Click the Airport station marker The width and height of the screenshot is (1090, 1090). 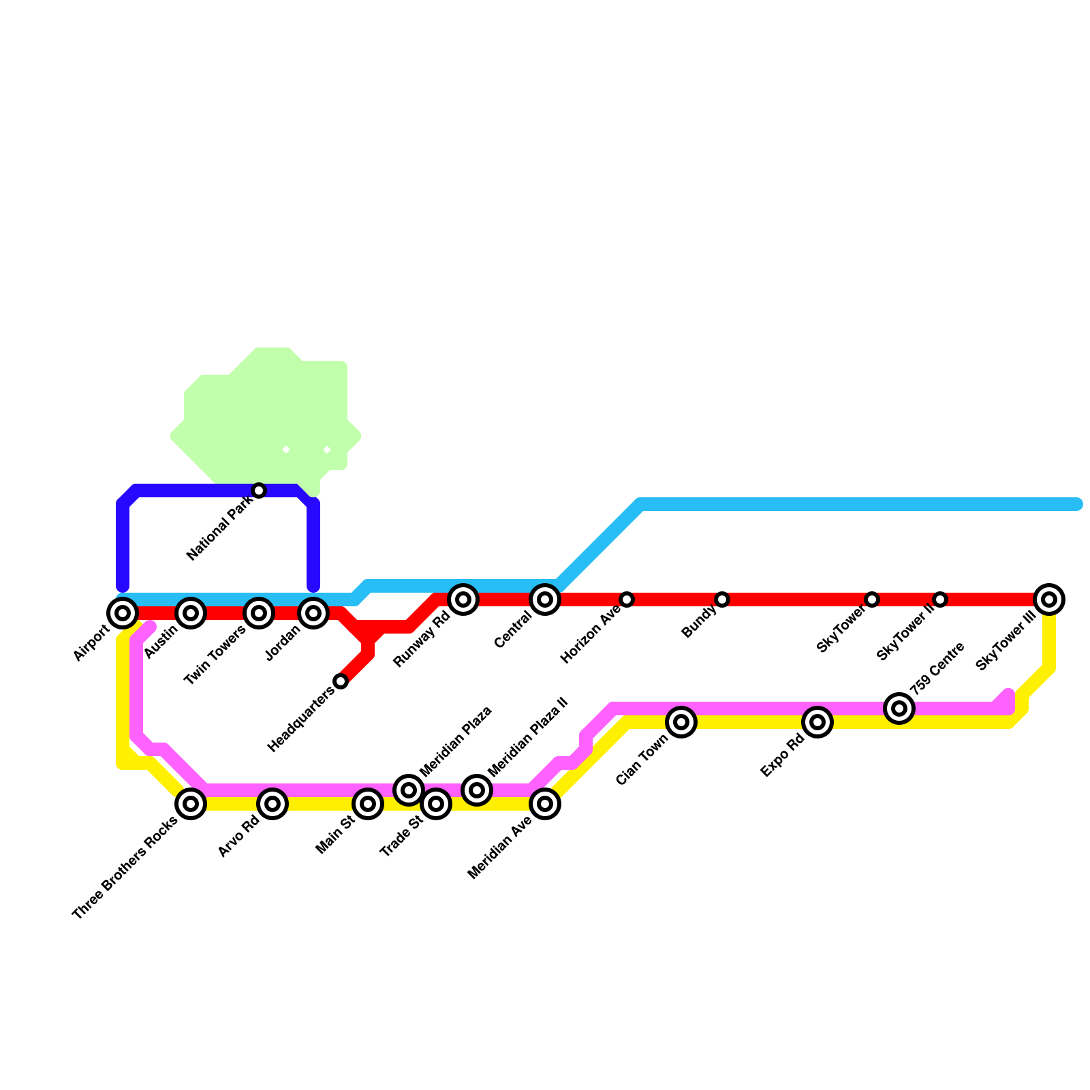[x=123, y=613]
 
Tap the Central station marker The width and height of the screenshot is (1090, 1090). [x=545, y=599]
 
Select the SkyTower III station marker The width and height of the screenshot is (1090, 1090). [x=1049, y=599]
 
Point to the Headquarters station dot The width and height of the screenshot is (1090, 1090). [x=341, y=681]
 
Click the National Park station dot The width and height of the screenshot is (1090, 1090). [x=259, y=490]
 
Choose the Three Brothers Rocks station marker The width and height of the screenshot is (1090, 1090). [x=191, y=804]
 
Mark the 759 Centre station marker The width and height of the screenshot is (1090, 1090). [x=899, y=708]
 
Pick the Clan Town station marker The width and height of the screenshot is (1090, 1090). [x=681, y=722]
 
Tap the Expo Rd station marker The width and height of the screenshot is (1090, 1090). [x=817, y=722]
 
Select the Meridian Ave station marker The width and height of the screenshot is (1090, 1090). [x=545, y=804]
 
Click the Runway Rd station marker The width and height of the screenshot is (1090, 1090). [x=463, y=599]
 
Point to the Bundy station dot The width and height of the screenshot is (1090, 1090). [x=722, y=599]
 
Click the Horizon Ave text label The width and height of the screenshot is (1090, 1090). [x=589, y=636]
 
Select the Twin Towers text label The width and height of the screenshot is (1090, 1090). [x=215, y=654]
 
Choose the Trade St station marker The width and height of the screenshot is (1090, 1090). [x=436, y=804]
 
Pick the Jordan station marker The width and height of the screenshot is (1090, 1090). [x=313, y=613]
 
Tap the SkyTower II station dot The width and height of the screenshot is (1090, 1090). [x=940, y=599]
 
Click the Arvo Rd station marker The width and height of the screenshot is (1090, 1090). [x=272, y=804]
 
